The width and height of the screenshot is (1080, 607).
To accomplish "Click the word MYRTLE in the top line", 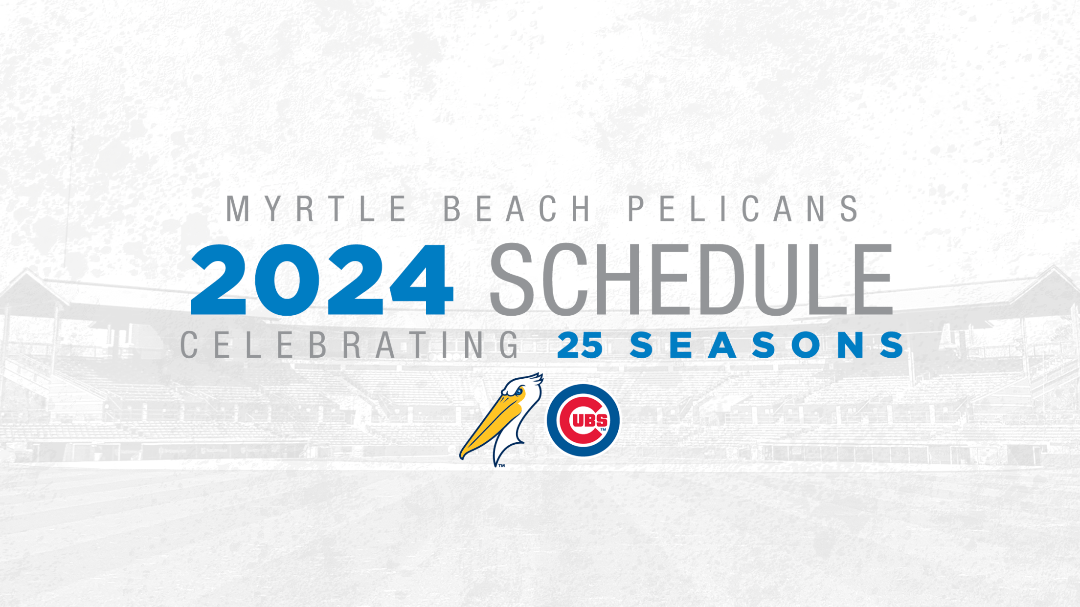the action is [x=316, y=209].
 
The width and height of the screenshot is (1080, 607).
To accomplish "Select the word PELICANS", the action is [x=743, y=209].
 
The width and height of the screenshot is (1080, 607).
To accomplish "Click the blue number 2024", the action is [x=322, y=280].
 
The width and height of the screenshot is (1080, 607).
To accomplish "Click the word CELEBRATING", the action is [x=350, y=345].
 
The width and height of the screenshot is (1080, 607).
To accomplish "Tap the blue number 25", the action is [x=580, y=345].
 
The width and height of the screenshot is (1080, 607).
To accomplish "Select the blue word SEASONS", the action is [x=766, y=345].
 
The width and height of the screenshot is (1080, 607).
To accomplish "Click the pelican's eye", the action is [x=518, y=391].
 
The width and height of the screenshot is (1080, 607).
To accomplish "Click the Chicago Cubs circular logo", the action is [x=583, y=420].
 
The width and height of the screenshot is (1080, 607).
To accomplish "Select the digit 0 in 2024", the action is [x=290, y=280].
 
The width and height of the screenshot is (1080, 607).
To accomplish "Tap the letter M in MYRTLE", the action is [x=238, y=209].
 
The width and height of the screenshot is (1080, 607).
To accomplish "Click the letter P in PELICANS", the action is [x=637, y=209].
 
